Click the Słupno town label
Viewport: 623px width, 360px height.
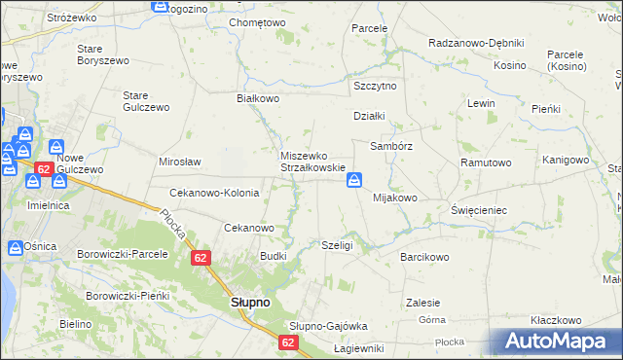[x=250, y=303]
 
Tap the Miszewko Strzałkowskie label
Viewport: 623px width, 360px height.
[x=313, y=162]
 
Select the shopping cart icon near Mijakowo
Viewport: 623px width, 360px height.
[x=355, y=180]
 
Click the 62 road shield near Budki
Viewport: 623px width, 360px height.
[x=201, y=258]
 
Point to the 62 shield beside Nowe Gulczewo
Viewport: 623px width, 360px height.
[x=43, y=169]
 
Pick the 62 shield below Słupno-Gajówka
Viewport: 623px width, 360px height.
[x=287, y=342]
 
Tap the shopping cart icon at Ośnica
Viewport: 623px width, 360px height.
[x=16, y=248]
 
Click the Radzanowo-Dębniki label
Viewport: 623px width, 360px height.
[x=477, y=44]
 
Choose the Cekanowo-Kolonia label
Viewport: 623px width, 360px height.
[x=214, y=193]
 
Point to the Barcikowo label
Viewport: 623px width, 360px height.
[x=424, y=258]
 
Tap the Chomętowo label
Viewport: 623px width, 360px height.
[x=257, y=22]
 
